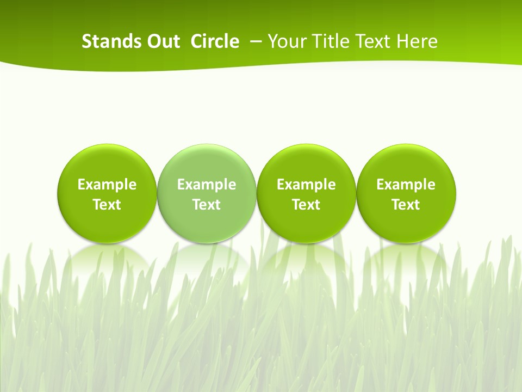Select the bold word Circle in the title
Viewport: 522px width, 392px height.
click(x=215, y=41)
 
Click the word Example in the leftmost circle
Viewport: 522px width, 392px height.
click(x=107, y=185)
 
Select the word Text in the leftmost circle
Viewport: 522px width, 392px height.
click(x=107, y=205)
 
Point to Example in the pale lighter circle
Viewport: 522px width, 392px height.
click(x=207, y=185)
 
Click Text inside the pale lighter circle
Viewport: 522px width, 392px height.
click(x=207, y=205)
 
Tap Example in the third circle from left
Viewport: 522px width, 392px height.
click(x=306, y=185)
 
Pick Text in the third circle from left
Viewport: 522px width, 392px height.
click(x=306, y=205)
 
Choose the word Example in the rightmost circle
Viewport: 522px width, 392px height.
click(x=406, y=185)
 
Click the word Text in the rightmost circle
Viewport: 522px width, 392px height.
click(x=406, y=205)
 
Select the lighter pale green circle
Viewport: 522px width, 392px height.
click(x=207, y=163)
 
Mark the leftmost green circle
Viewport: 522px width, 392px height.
click(x=107, y=163)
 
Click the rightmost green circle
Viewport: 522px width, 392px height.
click(x=406, y=163)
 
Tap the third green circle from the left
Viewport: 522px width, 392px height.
click(x=306, y=163)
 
